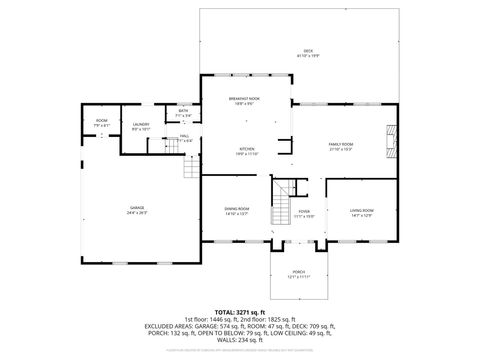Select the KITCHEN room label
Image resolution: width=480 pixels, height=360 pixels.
tap(247, 149)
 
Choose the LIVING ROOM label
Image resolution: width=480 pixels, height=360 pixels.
tap(361, 209)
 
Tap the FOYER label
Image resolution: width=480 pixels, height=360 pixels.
tap(304, 211)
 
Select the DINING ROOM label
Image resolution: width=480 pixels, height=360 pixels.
tap(237, 209)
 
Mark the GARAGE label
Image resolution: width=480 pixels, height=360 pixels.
tap(136, 208)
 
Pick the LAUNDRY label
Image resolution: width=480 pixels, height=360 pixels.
tap(141, 124)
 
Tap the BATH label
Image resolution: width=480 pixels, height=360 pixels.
tap(183, 111)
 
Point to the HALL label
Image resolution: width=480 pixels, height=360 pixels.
tap(185, 135)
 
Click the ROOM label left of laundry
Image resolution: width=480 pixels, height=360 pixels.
tap(101, 120)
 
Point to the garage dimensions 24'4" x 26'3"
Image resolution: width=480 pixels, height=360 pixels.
tap(136, 214)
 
